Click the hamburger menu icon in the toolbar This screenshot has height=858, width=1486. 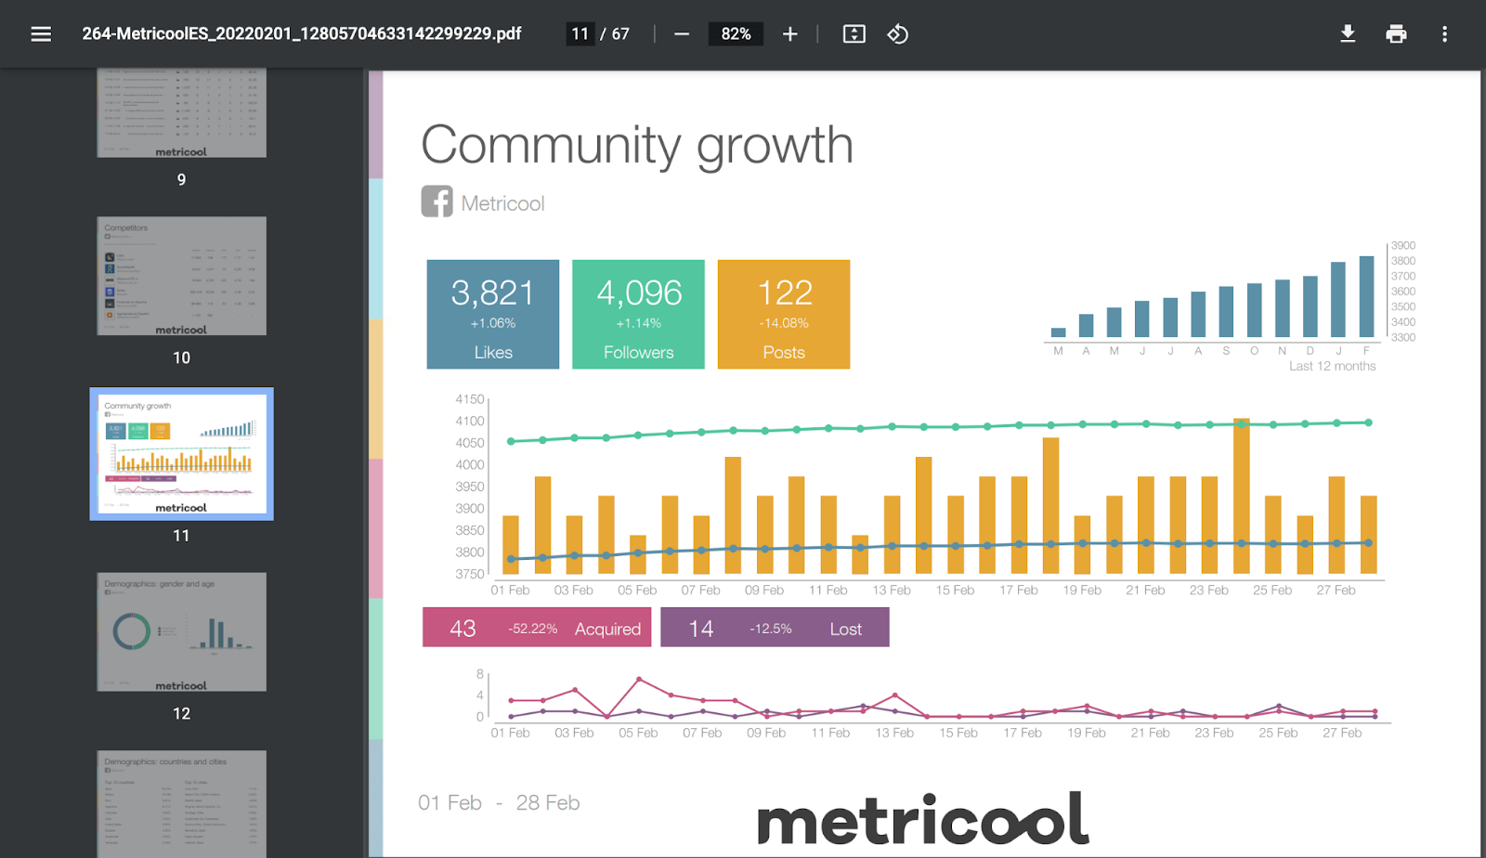(41, 34)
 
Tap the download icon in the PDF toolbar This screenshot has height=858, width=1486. (1348, 34)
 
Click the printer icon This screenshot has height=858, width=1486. (1396, 34)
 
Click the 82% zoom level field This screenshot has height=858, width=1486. (736, 34)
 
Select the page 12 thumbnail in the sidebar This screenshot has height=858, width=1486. (181, 631)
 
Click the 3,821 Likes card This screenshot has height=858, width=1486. (493, 314)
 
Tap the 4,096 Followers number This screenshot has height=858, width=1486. (639, 293)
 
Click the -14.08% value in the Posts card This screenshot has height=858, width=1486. (784, 323)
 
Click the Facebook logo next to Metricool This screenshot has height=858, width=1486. (437, 201)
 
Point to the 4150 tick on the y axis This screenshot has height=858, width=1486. (470, 399)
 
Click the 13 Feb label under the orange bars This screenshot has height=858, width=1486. (892, 591)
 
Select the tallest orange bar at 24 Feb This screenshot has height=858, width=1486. (1241, 497)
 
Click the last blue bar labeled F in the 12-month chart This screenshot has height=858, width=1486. (1366, 296)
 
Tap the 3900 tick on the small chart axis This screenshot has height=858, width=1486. (1402, 246)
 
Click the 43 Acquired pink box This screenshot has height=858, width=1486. (537, 628)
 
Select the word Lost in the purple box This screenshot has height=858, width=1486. (845, 629)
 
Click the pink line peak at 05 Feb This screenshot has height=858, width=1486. (639, 680)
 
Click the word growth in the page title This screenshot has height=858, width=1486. (775, 147)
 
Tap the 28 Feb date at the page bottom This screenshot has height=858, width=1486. (547, 802)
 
